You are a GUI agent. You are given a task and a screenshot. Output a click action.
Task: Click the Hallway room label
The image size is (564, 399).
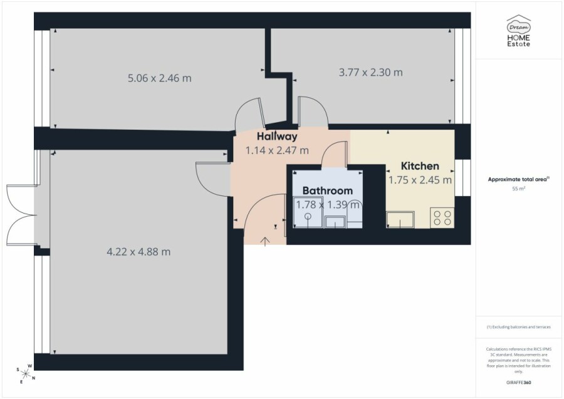277,136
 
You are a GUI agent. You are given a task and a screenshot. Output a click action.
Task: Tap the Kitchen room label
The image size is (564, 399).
420,166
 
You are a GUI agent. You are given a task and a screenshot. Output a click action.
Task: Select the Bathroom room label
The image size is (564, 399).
327,190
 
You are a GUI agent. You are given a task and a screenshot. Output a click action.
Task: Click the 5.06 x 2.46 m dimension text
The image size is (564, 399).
160,78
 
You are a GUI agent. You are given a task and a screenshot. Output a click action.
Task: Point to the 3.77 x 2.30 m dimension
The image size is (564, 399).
370,72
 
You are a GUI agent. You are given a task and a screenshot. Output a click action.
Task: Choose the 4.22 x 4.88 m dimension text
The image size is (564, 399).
138,252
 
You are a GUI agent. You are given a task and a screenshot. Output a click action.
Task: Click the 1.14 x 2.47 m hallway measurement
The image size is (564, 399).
277,150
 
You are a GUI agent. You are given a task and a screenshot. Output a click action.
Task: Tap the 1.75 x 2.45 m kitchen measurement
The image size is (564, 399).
420,180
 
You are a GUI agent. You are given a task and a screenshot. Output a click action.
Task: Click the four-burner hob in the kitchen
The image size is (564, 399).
442,217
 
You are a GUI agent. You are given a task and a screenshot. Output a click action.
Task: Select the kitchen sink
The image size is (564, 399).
400,220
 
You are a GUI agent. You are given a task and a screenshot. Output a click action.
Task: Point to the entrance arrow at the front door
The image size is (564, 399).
265,242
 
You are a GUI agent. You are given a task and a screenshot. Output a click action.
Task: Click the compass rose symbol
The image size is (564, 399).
25,374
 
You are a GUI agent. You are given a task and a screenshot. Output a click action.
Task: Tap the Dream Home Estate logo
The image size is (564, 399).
519,31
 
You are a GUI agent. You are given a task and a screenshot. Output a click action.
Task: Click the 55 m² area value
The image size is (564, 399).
519,189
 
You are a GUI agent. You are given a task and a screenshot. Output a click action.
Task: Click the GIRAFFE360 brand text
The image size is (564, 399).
519,383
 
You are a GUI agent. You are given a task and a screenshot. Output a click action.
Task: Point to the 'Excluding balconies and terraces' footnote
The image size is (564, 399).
519,327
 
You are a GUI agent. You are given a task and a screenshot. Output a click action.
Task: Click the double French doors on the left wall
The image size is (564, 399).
21,215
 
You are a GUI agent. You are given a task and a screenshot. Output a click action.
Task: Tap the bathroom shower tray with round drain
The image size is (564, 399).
308,212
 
